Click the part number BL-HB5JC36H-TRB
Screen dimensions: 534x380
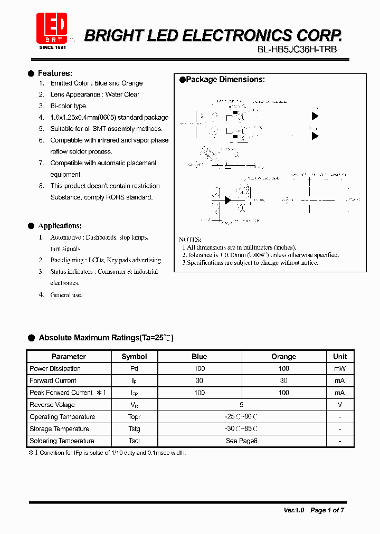(297, 50)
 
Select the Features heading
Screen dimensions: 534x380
(55, 73)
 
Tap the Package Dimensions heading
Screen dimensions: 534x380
(225, 80)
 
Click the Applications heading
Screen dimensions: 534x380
(60, 226)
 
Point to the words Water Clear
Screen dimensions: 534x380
(122, 94)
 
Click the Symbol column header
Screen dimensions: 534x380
(134, 357)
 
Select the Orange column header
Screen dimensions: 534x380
(283, 357)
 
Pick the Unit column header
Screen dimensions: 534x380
(340, 357)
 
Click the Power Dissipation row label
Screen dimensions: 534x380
(55, 369)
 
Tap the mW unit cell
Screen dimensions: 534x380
(340, 369)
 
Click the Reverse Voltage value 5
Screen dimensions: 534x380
(242, 405)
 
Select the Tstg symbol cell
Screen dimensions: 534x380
(134, 429)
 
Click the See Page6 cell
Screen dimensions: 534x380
(241, 441)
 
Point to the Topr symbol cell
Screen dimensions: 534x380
(134, 417)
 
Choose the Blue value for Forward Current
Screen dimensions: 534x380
(199, 380)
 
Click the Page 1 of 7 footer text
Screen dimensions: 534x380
(327, 510)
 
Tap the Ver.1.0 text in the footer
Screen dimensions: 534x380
(294, 510)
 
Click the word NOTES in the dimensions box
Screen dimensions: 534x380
(190, 240)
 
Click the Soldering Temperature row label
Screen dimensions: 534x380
(62, 441)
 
